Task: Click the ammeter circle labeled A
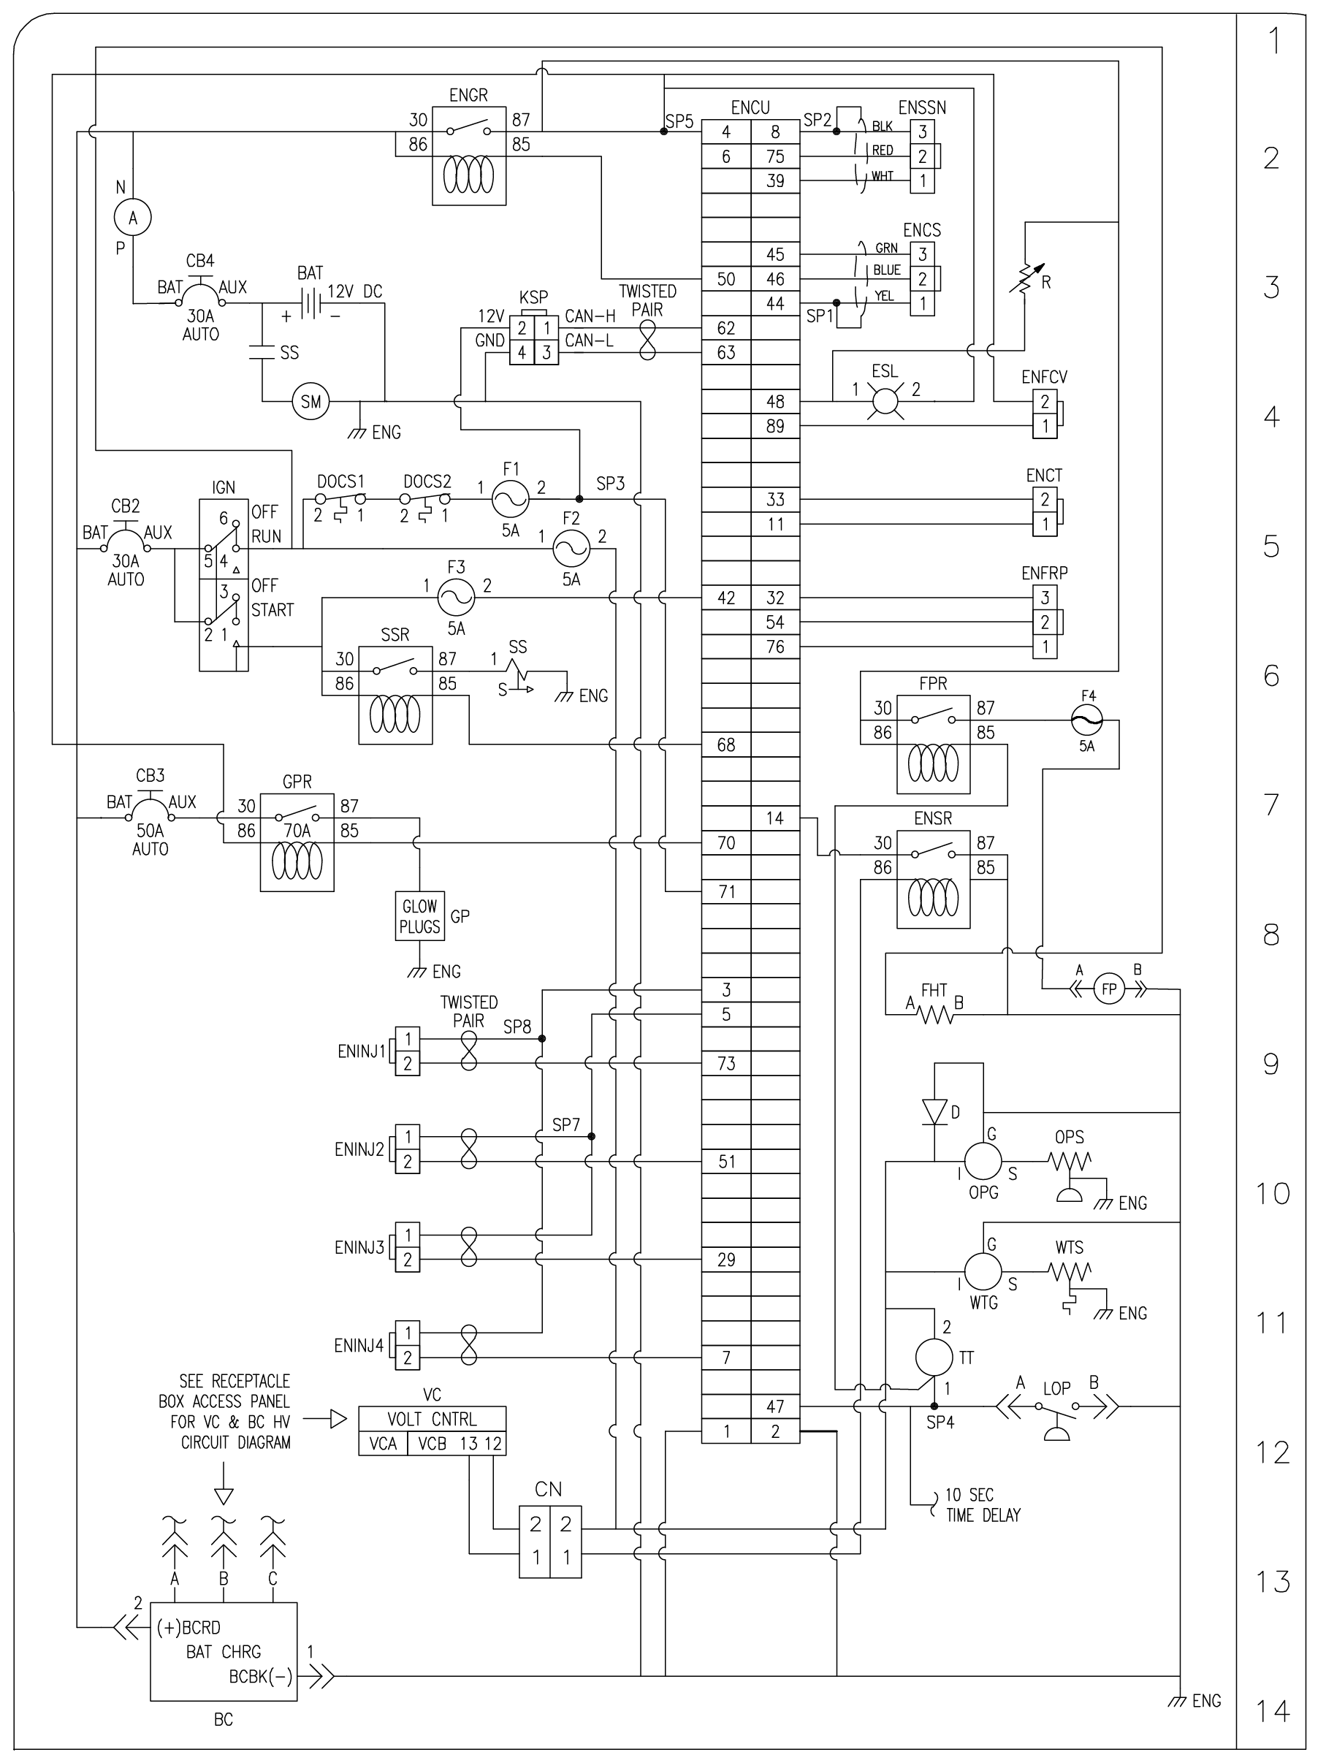tap(133, 218)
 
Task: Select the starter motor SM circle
tap(310, 402)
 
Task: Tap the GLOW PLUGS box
tap(420, 916)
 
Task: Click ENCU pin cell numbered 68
tap(726, 745)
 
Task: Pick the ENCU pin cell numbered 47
tap(775, 1406)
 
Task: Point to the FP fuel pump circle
tap(1108, 989)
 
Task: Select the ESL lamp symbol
tap(885, 401)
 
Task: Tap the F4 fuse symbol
tap(1087, 720)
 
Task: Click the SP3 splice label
tap(611, 484)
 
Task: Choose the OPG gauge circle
tap(983, 1160)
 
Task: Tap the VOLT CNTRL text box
tap(432, 1419)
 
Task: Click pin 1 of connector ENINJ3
tap(408, 1235)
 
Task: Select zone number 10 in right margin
tap(1273, 1194)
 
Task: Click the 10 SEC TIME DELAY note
tap(982, 1505)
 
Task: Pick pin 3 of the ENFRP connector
tap(1045, 598)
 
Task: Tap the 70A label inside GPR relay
tap(297, 831)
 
